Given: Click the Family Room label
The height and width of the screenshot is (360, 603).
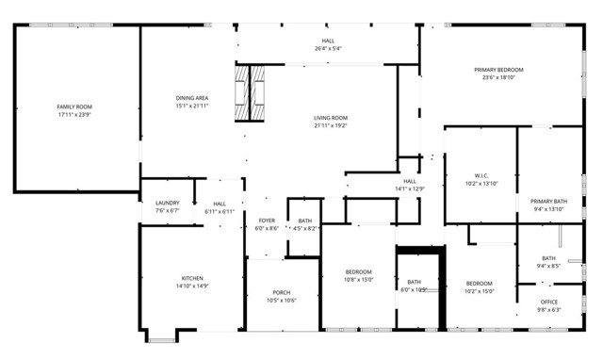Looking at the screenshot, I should point(74,107).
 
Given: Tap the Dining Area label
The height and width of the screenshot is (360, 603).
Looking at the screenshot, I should point(191,98).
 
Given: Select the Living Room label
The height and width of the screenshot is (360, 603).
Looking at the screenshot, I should point(331,118).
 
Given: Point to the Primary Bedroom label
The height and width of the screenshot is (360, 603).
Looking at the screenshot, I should point(498,70).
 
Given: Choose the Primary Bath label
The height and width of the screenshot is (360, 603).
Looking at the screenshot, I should point(547,201).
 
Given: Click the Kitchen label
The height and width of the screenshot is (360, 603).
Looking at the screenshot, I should point(192,279).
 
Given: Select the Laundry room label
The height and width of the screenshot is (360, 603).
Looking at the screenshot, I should point(167,204).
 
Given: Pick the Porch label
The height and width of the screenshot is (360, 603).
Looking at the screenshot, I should point(282,293).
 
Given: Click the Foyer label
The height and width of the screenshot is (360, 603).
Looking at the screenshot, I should point(267,221).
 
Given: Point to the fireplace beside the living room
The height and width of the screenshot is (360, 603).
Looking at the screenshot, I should point(252,93).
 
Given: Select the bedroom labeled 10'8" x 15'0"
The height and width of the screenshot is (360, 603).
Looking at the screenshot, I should point(360,272).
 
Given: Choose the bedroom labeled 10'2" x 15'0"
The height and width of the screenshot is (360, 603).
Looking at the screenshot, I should point(479,283).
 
